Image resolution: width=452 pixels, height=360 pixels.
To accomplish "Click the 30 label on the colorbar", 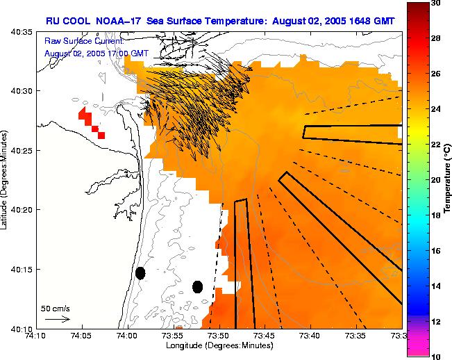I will click(x=435, y=3).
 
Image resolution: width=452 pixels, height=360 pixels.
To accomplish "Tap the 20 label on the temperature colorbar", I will click(x=435, y=180).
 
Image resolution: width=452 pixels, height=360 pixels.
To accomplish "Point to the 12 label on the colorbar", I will click(x=435, y=321).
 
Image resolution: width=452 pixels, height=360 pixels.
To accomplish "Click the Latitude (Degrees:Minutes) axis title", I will click(x=5, y=180).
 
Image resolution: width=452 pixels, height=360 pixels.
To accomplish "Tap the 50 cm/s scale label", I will click(x=56, y=307).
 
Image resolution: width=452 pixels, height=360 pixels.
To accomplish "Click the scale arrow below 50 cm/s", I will click(x=57, y=319).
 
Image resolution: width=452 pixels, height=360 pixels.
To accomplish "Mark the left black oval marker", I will click(x=140, y=273).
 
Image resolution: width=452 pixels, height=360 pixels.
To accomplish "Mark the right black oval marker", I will click(x=197, y=286).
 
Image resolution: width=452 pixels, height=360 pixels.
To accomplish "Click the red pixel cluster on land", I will click(x=92, y=122).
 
